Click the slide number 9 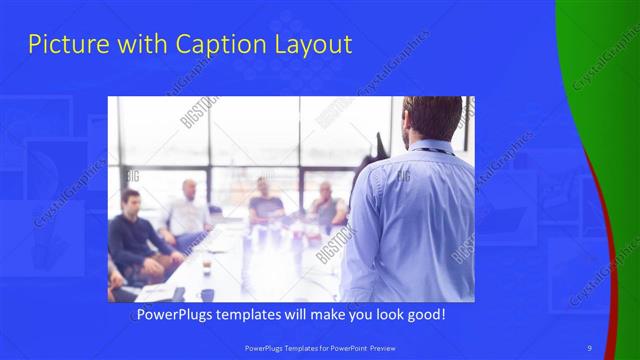589,347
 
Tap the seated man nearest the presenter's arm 326,205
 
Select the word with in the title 148,45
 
